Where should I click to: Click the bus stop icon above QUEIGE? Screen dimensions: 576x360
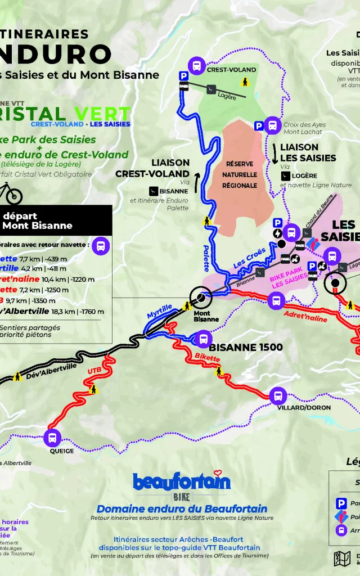52,437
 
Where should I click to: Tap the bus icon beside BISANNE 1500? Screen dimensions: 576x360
202,339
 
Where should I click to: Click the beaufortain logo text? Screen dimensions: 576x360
181,481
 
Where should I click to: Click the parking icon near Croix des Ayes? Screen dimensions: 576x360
258,126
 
